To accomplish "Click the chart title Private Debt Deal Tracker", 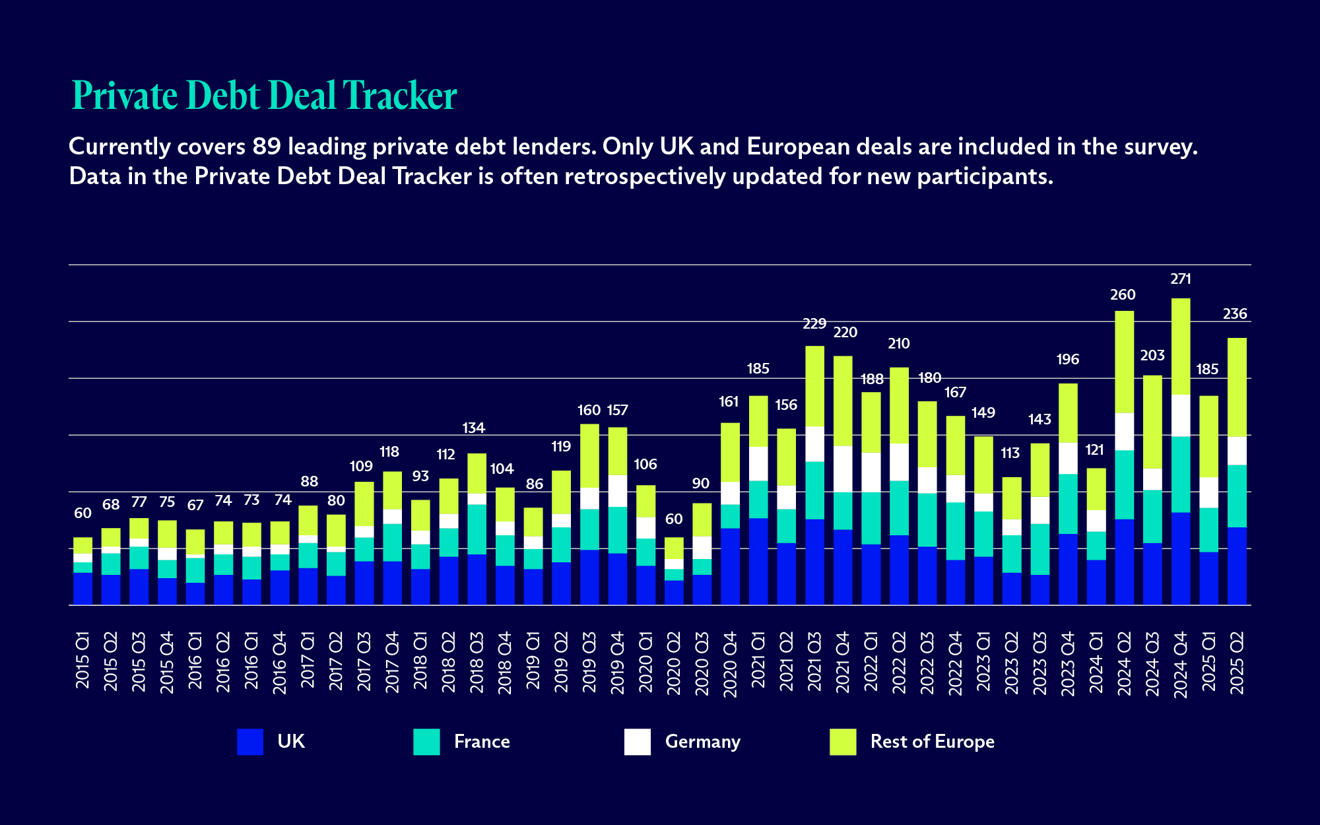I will [264, 95].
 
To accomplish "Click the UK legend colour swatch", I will [250, 741].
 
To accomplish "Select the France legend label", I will [481, 741].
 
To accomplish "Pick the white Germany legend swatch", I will [637, 741].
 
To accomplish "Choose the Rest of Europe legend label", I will [931, 741].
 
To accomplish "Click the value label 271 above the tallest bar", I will [1181, 279].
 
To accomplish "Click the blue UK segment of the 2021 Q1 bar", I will [758, 561].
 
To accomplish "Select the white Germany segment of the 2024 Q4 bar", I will [1181, 415].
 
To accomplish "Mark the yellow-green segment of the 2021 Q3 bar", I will [814, 386].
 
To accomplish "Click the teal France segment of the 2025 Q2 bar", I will [1237, 496].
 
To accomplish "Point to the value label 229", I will [814, 324].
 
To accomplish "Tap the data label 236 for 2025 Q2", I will [1235, 314].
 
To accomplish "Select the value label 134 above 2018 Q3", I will [473, 428].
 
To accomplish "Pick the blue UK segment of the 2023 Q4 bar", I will [1068, 569].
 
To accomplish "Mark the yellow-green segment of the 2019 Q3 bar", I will [589, 455].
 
